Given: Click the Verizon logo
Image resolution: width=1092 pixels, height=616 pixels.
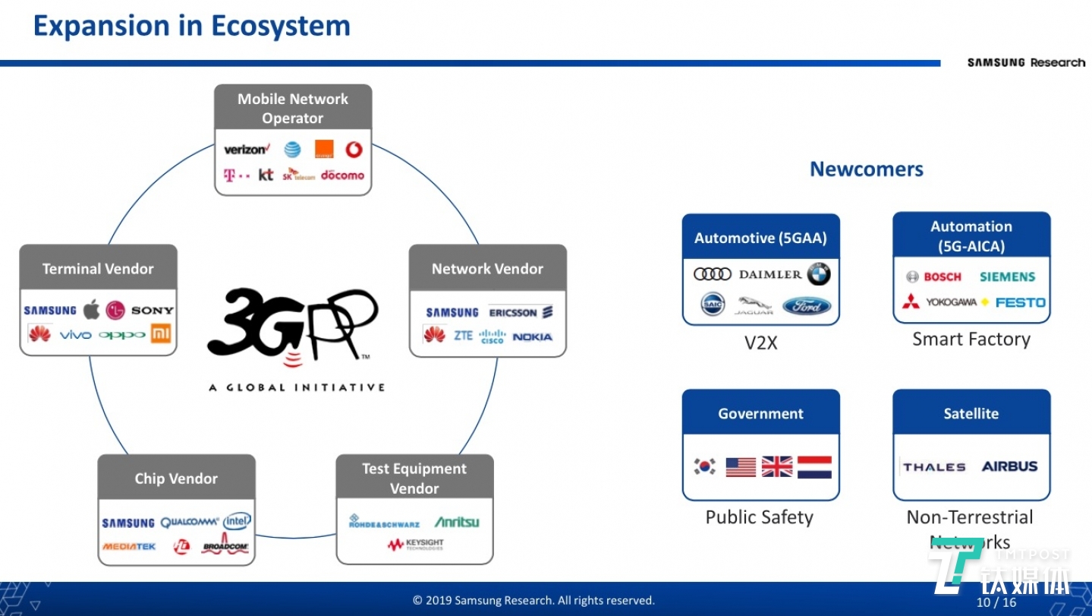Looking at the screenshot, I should coord(245,150).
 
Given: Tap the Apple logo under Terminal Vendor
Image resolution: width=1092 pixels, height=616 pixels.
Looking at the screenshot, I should coord(91,310).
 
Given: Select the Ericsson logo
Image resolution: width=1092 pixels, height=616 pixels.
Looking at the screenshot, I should coord(521,312).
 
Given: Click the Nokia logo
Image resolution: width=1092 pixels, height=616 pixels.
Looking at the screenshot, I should coord(532,336).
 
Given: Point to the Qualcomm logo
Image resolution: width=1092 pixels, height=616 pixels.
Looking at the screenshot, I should coord(190,523).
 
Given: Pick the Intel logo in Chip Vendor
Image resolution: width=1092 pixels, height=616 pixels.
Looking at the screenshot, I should coord(237,522).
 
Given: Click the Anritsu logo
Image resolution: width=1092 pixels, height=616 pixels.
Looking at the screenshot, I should coord(456,522).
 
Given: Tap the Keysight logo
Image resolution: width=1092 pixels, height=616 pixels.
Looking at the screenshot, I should coord(415,545).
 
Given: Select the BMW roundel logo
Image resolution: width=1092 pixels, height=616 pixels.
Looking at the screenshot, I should coord(818,274).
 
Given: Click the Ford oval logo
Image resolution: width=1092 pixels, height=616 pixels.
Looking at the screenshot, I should coord(807,306).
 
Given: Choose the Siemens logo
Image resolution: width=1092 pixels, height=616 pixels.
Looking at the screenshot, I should coord(1007,277).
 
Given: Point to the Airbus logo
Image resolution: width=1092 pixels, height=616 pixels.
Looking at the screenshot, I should coord(1009,466).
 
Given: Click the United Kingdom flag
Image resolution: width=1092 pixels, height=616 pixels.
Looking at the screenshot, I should coord(776,466).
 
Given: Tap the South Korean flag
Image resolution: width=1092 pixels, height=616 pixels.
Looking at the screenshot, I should coord(705,466).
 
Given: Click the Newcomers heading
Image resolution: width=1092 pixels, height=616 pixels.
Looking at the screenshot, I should coord(866,169).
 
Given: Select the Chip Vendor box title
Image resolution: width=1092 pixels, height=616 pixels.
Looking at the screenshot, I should coord(176,479).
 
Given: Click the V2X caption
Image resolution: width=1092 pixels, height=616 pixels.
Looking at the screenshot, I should coord(760,343).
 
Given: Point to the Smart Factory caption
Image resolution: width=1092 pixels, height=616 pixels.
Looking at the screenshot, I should coord(971,340).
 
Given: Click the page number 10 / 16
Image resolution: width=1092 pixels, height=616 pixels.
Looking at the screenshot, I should coord(996,602).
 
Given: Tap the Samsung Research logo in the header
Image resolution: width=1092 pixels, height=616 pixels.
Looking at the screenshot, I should coord(1026,62).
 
